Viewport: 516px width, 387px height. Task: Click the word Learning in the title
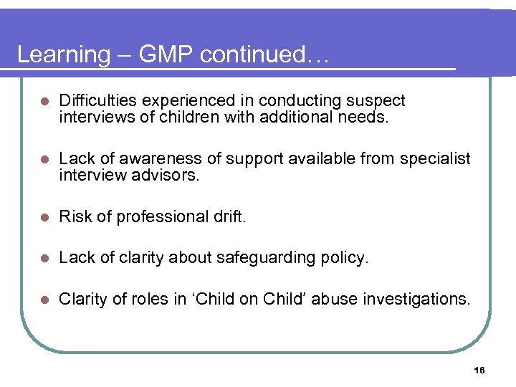pos(62,55)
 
